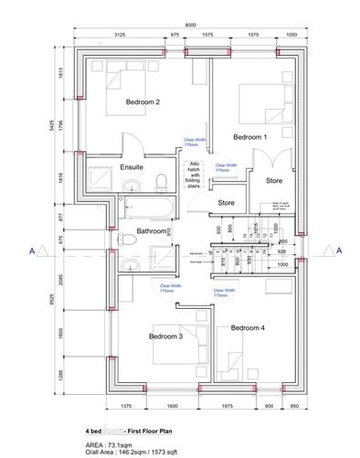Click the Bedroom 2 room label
click(x=143, y=101)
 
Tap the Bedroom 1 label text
click(x=250, y=137)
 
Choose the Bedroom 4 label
click(x=247, y=327)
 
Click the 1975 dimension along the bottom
click(x=231, y=405)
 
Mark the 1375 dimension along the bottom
click(x=126, y=405)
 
